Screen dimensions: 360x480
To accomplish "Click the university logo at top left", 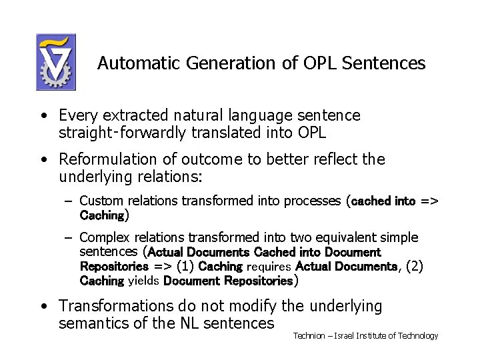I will click(55, 62).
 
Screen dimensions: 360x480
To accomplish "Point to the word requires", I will click(269, 267).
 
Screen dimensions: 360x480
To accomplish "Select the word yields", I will click(143, 281).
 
